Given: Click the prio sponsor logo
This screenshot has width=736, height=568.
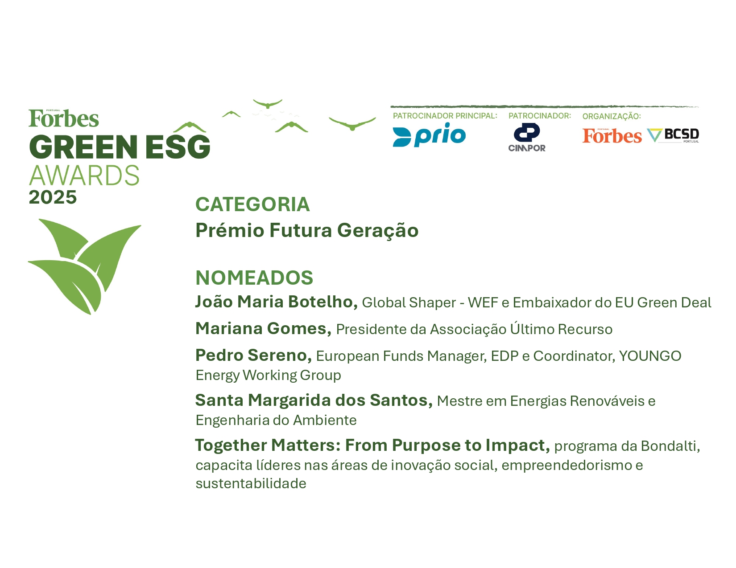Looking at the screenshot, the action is click(x=429, y=135).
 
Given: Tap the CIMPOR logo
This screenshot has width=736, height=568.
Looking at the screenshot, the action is click(x=527, y=137).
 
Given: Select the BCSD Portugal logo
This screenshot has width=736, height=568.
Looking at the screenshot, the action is click(x=673, y=136).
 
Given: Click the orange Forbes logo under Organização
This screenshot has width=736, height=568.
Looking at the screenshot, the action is click(x=612, y=136).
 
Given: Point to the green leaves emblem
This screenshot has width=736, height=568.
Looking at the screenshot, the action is click(x=84, y=266).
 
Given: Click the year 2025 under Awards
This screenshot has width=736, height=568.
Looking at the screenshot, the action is click(x=53, y=197).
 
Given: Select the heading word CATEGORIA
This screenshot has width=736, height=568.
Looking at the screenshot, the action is click(x=252, y=204).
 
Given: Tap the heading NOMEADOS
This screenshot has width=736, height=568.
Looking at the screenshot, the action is click(x=254, y=278).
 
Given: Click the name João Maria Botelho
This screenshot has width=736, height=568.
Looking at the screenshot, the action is click(x=277, y=302).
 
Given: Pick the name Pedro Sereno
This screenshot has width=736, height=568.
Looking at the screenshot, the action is click(x=254, y=355).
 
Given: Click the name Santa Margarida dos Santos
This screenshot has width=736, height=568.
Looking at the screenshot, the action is click(x=314, y=400).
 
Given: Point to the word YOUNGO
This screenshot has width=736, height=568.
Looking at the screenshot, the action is click(x=650, y=356).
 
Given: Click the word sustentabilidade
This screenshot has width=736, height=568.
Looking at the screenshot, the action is click(x=251, y=483).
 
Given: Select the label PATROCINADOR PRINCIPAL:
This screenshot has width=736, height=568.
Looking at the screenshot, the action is click(x=445, y=116).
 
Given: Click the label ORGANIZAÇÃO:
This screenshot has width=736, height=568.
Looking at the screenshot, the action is click(x=612, y=116).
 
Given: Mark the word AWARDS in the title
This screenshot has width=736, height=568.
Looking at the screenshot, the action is click(x=84, y=176).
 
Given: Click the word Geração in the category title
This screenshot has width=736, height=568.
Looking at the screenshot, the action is click(x=378, y=231).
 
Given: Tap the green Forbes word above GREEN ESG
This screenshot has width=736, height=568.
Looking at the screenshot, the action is click(x=64, y=119).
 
